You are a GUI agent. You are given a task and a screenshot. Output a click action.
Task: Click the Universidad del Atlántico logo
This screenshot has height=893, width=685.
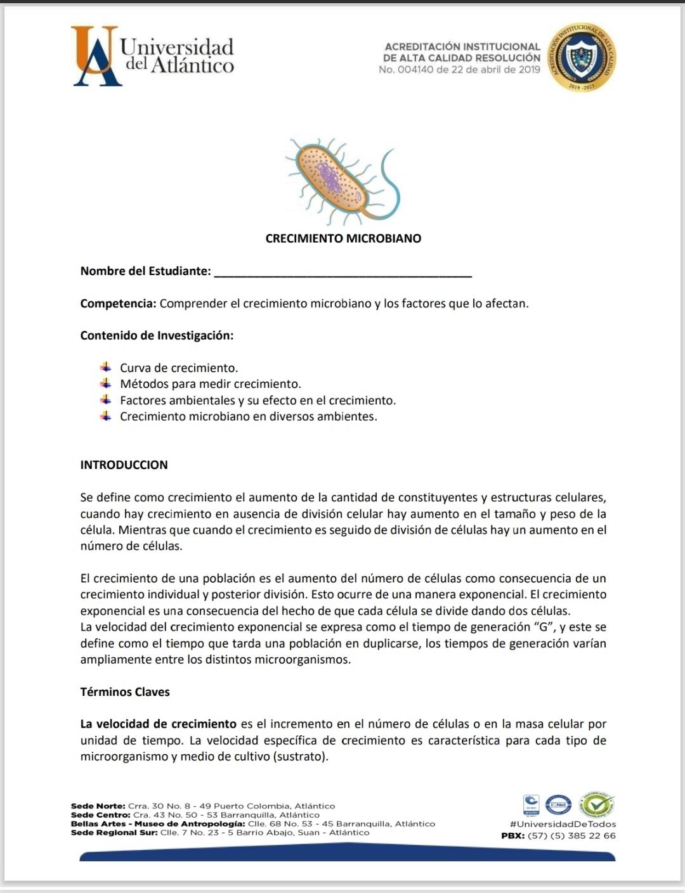pos(153,56)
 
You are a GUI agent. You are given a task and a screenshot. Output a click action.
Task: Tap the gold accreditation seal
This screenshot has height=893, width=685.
pos(582,58)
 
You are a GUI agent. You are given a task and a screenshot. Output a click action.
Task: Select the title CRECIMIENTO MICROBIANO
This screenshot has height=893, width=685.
pos(343,238)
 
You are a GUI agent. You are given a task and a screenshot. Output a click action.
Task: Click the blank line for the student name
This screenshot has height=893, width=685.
pos(343,273)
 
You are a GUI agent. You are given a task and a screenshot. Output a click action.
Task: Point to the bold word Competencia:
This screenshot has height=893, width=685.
pos(118,303)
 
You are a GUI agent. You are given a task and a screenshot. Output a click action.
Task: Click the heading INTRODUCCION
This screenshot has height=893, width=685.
pos(124,465)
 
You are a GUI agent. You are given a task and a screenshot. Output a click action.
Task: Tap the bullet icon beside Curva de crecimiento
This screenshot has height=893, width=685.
pos(106,367)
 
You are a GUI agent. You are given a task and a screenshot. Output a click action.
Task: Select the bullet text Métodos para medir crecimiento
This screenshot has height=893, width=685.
pos(211,383)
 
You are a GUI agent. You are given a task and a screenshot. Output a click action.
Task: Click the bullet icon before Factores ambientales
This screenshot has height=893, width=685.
pos(106,400)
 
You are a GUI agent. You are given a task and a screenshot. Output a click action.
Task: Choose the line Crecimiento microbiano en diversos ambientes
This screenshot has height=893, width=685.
pos(249,416)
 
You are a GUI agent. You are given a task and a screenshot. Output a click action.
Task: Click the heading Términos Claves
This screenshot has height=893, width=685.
pos(125,691)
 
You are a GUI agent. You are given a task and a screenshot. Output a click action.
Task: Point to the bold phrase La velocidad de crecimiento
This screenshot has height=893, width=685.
pos(158,724)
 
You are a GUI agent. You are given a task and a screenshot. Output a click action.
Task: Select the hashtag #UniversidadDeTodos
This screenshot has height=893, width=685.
pos(563,824)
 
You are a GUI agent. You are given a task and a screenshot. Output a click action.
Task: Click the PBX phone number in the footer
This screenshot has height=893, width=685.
pos(571,835)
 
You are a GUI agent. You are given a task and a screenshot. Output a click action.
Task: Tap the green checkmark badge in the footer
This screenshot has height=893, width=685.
pos(598,805)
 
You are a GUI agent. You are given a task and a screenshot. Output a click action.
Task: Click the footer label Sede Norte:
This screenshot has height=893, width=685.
pos(98,806)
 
